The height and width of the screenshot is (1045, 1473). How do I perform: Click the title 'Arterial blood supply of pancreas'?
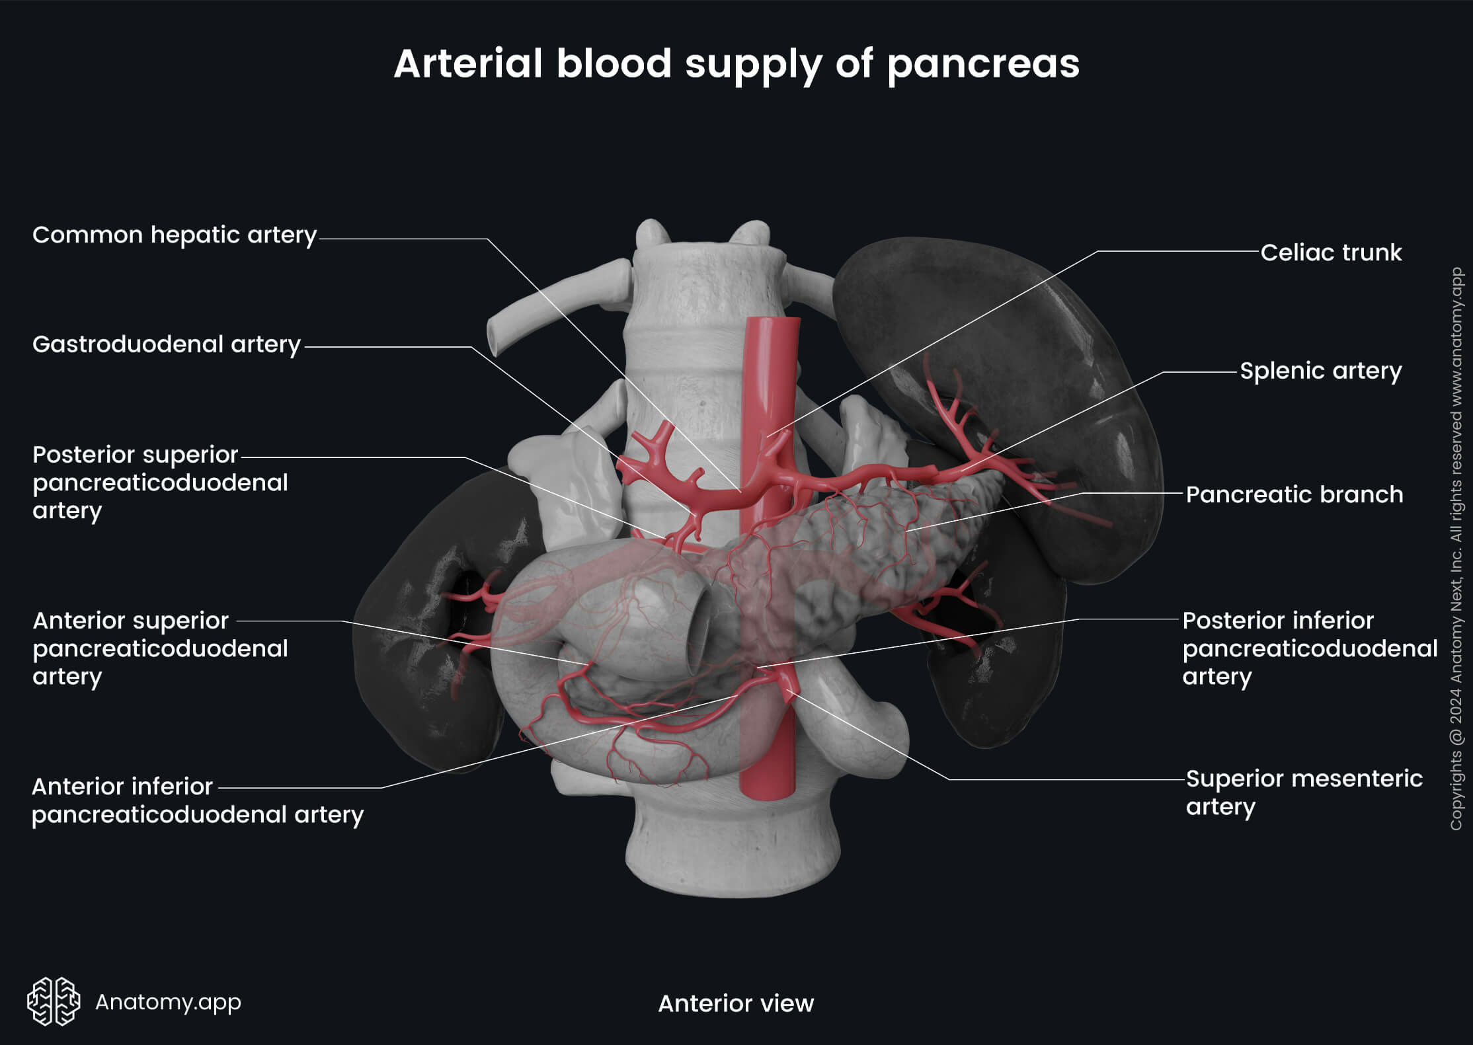pyautogui.click(x=736, y=64)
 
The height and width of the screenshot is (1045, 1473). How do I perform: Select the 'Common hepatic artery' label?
pyautogui.click(x=175, y=235)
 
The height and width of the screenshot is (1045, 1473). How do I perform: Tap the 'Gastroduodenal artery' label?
pyautogui.click(x=167, y=344)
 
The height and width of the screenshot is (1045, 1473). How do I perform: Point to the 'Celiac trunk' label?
pyautogui.click(x=1330, y=252)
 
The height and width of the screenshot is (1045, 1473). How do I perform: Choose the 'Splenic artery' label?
pyautogui.click(x=1320, y=371)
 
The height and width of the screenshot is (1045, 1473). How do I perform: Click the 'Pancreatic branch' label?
pyautogui.click(x=1294, y=494)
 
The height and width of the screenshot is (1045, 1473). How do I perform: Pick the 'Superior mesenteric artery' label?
pyautogui.click(x=1303, y=793)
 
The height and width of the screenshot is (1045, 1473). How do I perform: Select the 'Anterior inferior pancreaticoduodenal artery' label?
pyautogui.click(x=197, y=800)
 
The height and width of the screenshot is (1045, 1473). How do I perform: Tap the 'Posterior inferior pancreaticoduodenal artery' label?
pyautogui.click(x=1309, y=648)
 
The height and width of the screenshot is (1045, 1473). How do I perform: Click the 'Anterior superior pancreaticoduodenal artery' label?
pyautogui.click(x=160, y=648)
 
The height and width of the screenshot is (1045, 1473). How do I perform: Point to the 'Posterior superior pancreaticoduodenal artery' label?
pyautogui.click(x=160, y=483)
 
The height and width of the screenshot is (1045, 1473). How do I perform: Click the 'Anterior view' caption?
pyautogui.click(x=736, y=1003)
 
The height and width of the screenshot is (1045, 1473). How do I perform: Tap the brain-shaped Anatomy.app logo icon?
pyautogui.click(x=54, y=1001)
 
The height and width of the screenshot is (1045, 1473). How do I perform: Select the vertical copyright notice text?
pyautogui.click(x=1456, y=549)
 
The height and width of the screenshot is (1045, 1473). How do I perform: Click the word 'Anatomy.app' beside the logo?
pyautogui.click(x=168, y=1002)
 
